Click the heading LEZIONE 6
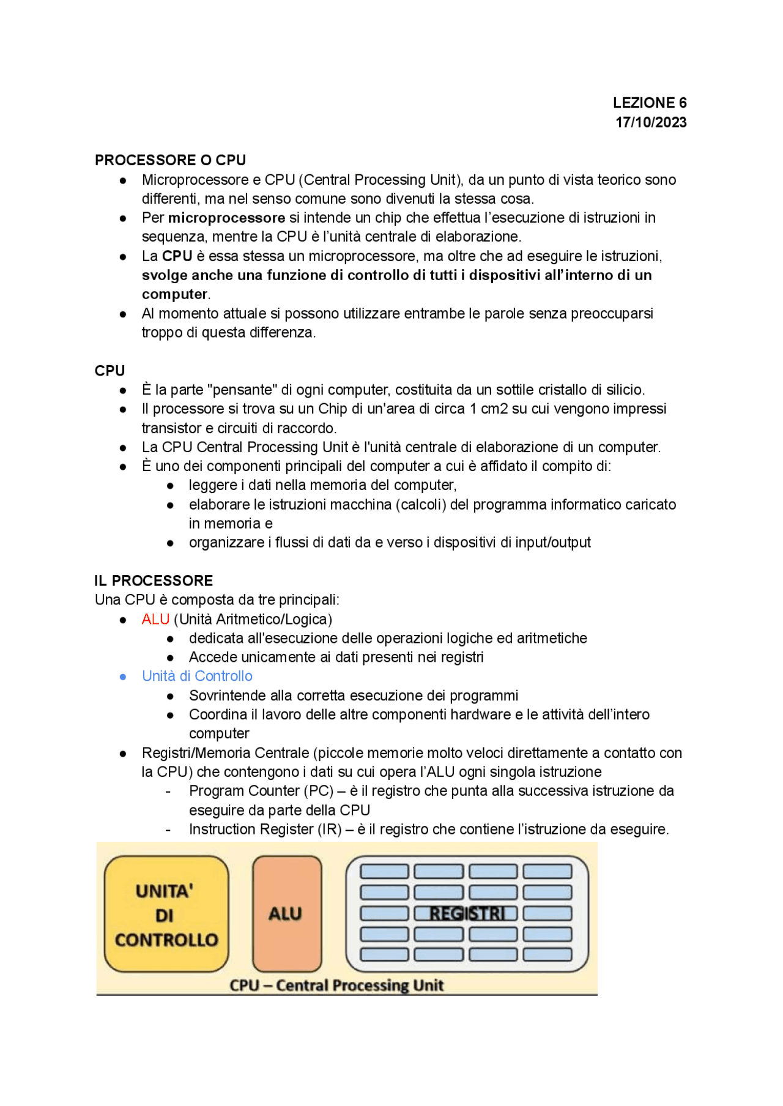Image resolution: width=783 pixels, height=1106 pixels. (x=649, y=103)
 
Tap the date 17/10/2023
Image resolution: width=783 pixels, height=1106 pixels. (x=650, y=122)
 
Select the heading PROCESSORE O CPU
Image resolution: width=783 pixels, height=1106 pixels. (x=170, y=160)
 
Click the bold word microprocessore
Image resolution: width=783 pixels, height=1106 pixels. (x=226, y=218)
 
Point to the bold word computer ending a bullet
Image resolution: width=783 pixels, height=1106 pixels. (x=174, y=294)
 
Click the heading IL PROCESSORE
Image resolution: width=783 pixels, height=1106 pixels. (x=154, y=581)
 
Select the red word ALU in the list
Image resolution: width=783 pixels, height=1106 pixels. (x=155, y=619)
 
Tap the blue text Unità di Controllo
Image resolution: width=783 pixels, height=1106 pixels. (x=197, y=676)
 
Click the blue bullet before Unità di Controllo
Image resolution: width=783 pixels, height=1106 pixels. (x=123, y=677)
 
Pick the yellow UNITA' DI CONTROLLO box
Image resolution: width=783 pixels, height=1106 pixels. (x=166, y=914)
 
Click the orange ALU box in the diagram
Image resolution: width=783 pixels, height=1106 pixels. (x=286, y=914)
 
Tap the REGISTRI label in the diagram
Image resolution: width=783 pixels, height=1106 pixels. (x=467, y=914)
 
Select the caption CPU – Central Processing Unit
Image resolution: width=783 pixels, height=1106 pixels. (x=336, y=985)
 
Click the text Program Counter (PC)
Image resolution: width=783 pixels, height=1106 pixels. (x=261, y=791)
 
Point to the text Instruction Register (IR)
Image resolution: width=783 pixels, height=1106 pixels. (x=265, y=829)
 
